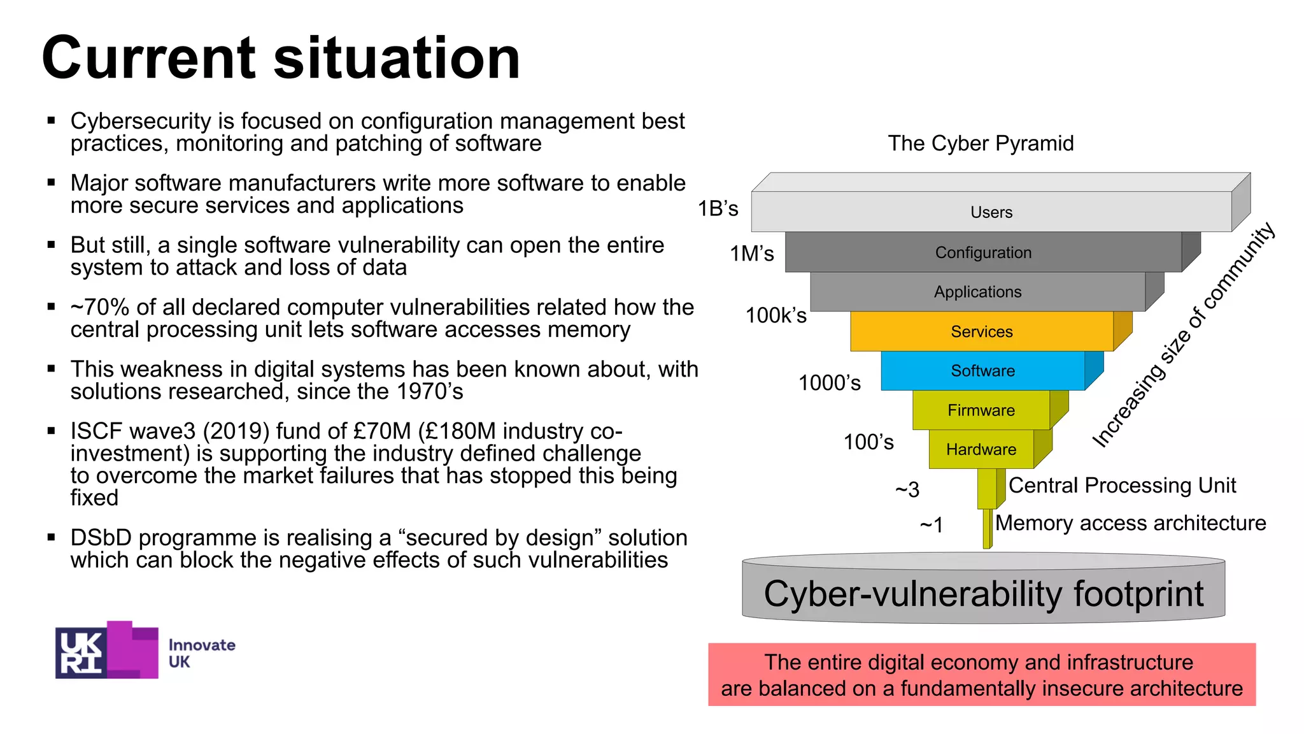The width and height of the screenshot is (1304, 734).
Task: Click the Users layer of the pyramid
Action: coord(991,212)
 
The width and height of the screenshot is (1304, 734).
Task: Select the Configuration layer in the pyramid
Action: coord(983,252)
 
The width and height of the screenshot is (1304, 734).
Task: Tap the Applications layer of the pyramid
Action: coord(977,292)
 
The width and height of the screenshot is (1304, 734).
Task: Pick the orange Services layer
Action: coord(981,331)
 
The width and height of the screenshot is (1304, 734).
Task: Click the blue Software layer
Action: coord(982,371)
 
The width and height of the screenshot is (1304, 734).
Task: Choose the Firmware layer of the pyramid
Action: coord(981,410)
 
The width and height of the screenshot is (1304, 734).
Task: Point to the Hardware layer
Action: coord(981,449)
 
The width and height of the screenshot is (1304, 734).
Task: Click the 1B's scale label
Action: coord(718,208)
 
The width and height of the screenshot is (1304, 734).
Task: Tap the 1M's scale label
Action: coord(751,254)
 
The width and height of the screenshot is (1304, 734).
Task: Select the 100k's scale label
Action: coord(776,315)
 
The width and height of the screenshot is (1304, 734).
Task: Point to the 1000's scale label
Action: coord(829,383)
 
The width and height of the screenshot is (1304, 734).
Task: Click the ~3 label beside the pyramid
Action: coord(907,489)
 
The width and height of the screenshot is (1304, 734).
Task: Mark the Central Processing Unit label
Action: coord(1122,486)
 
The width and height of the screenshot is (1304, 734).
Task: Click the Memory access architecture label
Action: coord(1130,523)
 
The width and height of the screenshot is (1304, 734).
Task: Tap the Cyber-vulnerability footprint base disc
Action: coord(983,594)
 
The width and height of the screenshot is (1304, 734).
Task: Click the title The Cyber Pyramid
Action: coord(981,143)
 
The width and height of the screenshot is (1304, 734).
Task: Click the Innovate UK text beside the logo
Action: coord(201,653)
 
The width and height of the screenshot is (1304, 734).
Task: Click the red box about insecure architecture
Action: coord(982,675)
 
